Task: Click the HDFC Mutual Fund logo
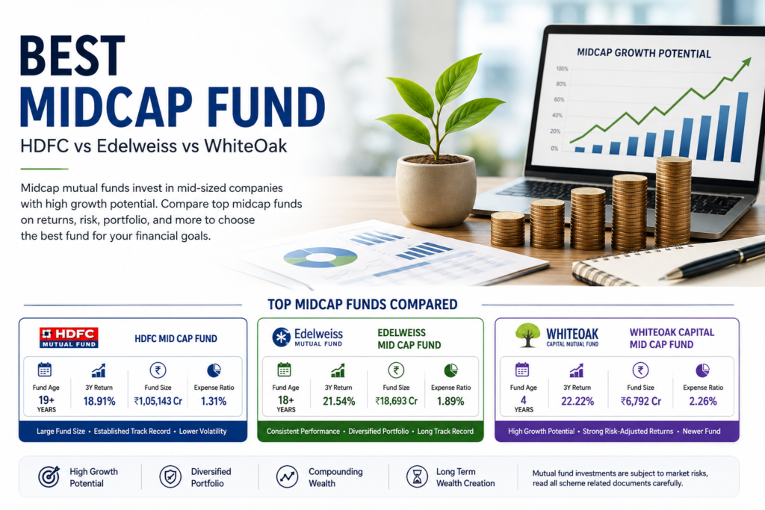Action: pos(69,338)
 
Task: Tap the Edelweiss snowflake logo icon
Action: pos(282,338)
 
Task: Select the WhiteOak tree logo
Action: pos(527,335)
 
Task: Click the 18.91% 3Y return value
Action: pos(99,401)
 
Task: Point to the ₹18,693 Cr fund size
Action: pos(396,401)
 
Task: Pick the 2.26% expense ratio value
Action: pos(703,401)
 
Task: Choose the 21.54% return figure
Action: pos(338,401)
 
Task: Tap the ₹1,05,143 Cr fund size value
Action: pos(158,401)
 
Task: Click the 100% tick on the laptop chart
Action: pos(562,69)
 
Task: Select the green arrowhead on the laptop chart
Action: pos(745,63)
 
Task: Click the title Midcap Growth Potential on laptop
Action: pos(644,53)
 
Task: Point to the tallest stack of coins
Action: pos(673,202)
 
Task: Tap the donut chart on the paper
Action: pos(320,257)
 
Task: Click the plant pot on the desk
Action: pos(436,190)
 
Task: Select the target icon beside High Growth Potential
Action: pos(49,476)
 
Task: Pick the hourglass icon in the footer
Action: pos(417,476)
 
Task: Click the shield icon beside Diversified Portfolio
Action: pos(170,476)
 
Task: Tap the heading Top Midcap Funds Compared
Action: pos(362,304)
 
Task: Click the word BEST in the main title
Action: pos(72,55)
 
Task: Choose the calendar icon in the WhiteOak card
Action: pos(522,370)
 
